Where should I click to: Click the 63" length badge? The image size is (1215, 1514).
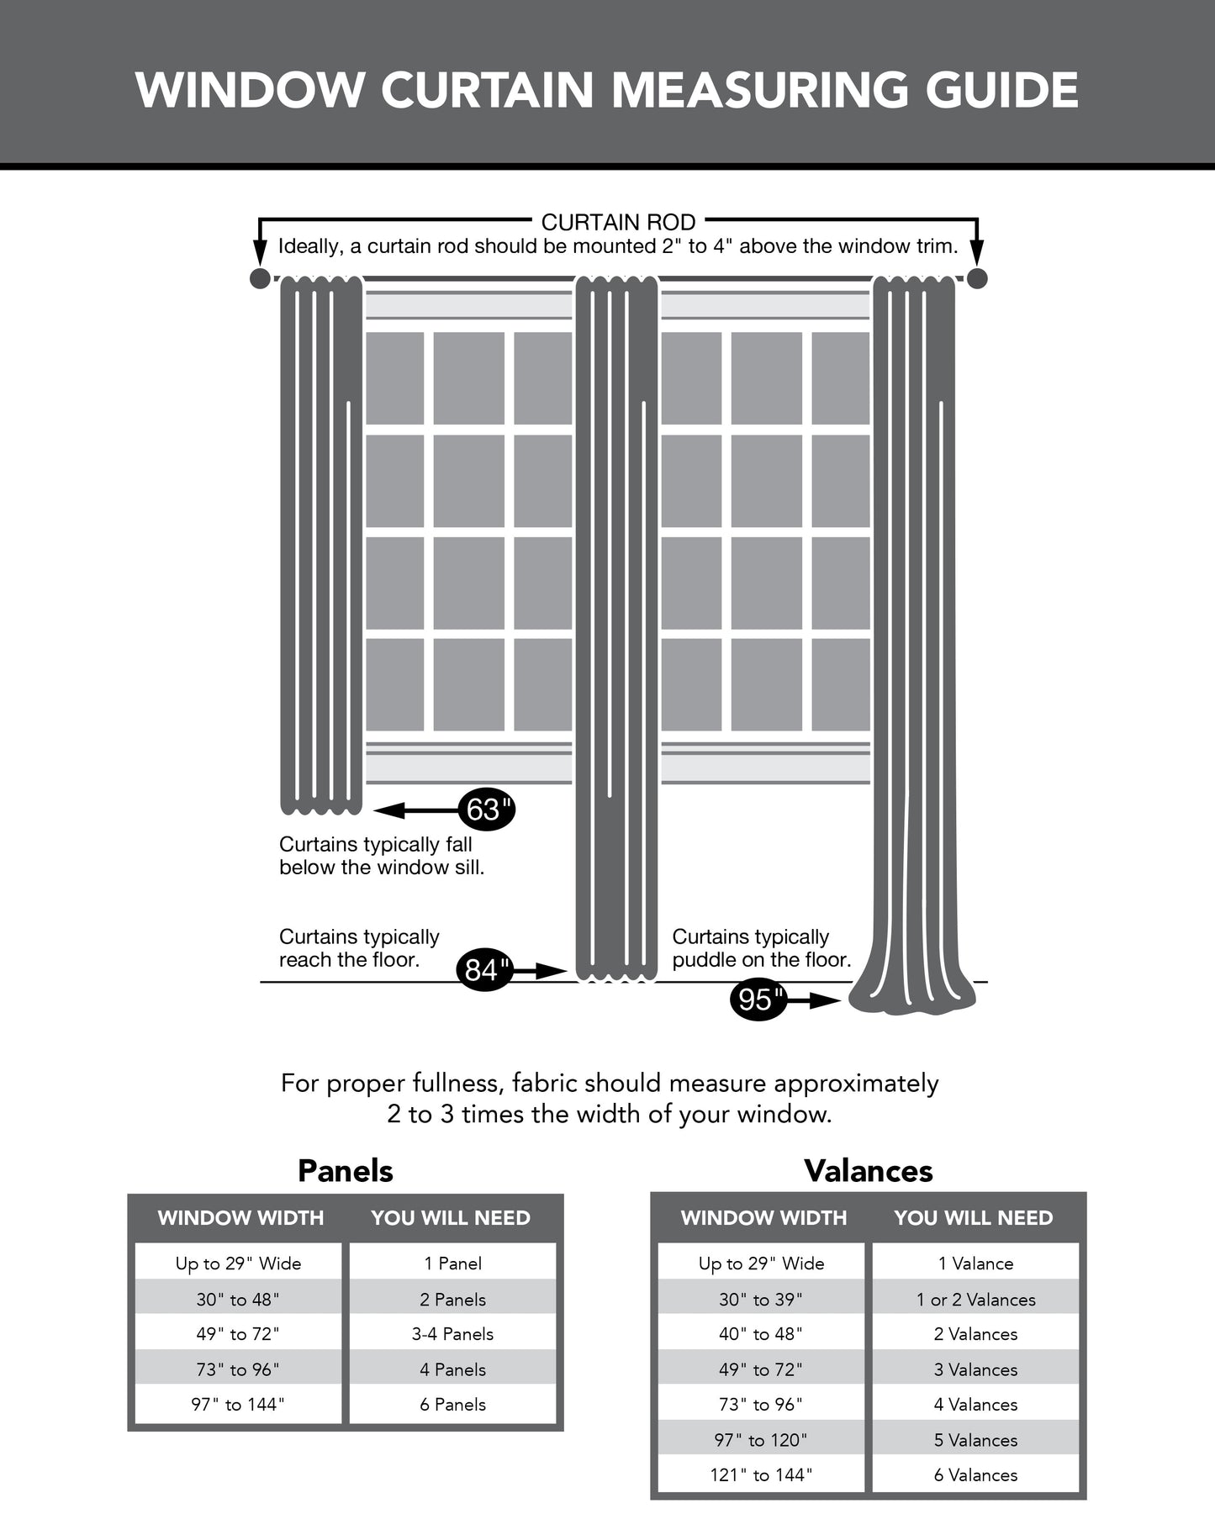(487, 810)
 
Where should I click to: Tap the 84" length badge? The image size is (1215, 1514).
(483, 969)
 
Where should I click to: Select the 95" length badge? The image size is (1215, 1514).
(758, 1000)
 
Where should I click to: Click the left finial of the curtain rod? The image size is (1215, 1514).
(261, 278)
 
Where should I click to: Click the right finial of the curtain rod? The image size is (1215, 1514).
(977, 278)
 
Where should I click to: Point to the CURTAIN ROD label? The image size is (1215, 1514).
(618, 222)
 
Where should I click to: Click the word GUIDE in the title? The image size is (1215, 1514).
(1001, 90)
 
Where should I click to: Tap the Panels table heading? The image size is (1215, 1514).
(346, 1171)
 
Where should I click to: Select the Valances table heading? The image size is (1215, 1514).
(869, 1171)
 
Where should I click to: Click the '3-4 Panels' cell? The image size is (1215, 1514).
(452, 1334)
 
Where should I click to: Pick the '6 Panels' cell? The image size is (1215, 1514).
(452, 1404)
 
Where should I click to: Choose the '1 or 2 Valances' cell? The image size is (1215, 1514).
(975, 1300)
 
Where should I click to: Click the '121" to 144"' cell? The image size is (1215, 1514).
(761, 1474)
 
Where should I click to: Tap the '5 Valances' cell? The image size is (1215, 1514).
(975, 1440)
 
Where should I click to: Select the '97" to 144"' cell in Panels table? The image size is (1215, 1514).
(238, 1404)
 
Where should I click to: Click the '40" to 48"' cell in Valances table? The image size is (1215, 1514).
(761, 1334)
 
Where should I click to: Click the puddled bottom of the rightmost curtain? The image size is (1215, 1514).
(912, 1000)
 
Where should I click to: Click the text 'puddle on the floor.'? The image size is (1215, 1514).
(761, 959)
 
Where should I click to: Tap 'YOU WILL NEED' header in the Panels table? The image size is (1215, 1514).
(451, 1218)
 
